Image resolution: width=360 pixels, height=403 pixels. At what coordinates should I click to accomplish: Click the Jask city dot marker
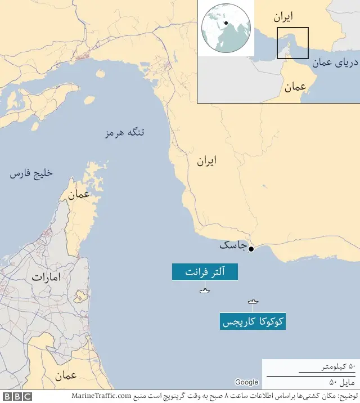251,249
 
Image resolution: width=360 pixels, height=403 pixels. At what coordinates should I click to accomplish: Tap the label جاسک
232,246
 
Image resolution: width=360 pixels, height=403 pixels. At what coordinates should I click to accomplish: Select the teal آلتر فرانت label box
205,272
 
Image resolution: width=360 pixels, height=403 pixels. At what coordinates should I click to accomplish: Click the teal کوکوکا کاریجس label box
253,322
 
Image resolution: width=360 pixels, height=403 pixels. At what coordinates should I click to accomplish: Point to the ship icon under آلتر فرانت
204,290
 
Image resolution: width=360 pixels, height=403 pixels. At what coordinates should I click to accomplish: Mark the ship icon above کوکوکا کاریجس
253,302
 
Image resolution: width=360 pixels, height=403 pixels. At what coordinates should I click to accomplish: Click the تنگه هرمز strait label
125,133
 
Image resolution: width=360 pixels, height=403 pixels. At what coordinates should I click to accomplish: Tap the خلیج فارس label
31,173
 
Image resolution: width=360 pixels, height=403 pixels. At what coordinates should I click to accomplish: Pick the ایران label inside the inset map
283,17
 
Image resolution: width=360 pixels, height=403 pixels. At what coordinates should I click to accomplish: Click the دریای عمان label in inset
332,63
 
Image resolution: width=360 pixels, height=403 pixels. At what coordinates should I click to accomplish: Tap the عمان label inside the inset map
295,87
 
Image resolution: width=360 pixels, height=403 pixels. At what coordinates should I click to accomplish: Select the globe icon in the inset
225,29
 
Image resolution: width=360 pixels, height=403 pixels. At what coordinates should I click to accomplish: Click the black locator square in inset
292,43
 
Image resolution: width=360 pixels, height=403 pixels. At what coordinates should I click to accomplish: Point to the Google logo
246,383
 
